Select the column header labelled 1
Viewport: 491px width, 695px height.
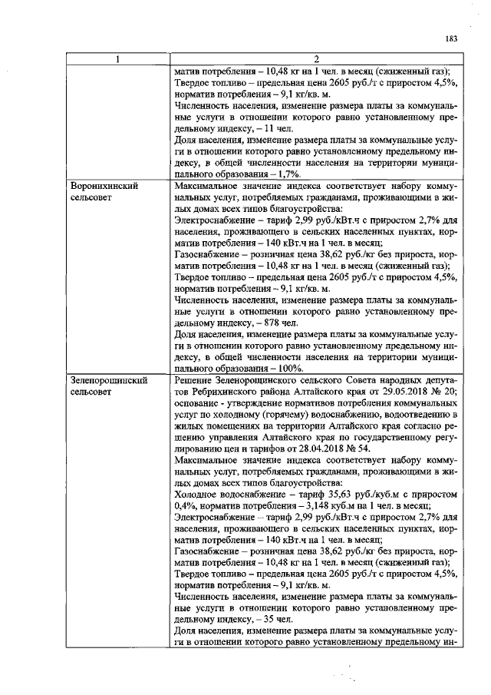118,59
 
